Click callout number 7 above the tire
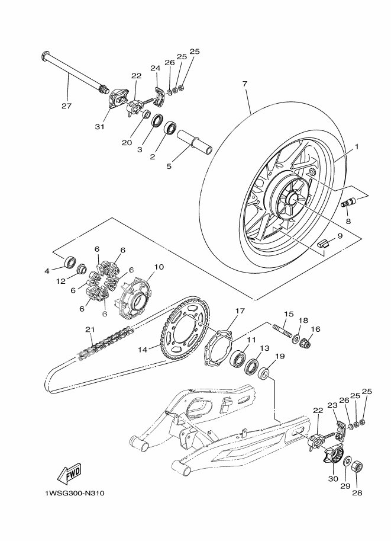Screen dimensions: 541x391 (x=244, y=85)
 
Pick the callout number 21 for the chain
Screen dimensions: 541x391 (x=89, y=329)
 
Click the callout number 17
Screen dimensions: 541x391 (x=240, y=310)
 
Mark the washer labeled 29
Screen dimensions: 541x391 (x=347, y=460)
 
